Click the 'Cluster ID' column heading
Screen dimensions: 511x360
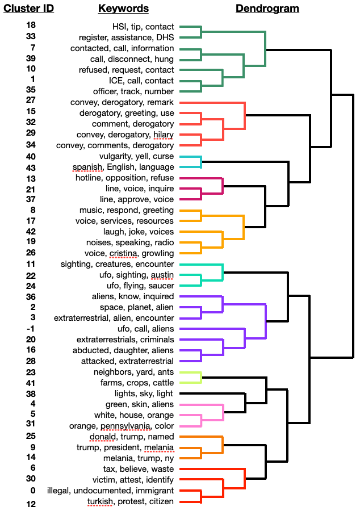coord(29,9)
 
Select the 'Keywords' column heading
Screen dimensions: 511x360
coord(123,9)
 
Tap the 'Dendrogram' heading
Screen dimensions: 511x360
coord(267,9)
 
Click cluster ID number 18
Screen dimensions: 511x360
coord(31,26)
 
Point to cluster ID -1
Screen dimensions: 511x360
coord(31,328)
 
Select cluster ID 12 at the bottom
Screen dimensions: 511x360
coord(31,504)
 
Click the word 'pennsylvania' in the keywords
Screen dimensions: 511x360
coord(126,426)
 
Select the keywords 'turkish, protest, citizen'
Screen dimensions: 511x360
coord(131,501)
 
